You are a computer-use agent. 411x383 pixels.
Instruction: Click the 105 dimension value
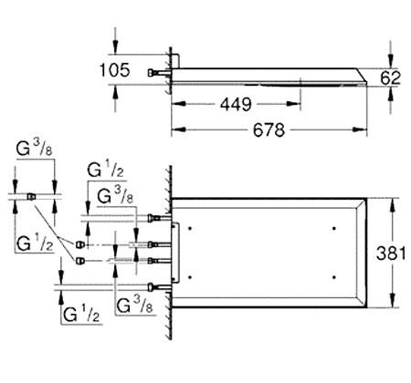click(x=115, y=70)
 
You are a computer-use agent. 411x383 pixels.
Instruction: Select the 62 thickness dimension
click(x=390, y=78)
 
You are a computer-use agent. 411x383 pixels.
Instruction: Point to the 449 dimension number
click(x=236, y=105)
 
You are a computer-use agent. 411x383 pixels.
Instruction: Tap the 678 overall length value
click(x=269, y=130)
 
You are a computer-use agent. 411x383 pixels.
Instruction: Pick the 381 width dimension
click(x=391, y=254)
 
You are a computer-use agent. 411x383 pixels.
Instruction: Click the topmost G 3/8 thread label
click(x=35, y=149)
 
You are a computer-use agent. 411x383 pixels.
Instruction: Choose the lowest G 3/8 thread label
click(x=134, y=305)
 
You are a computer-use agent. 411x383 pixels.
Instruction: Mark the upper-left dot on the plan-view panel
click(x=190, y=228)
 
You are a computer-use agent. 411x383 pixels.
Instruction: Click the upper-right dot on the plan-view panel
click(x=334, y=228)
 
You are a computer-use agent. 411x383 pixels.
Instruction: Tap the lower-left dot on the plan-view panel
click(x=190, y=277)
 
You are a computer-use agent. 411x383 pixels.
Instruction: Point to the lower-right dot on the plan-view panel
click(x=334, y=277)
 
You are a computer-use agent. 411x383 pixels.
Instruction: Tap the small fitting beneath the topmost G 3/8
click(x=31, y=196)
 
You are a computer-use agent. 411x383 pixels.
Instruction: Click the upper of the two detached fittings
click(x=79, y=244)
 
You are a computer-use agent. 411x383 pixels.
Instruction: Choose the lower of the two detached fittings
click(x=79, y=261)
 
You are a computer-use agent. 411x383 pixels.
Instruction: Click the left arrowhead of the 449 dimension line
click(x=179, y=104)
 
